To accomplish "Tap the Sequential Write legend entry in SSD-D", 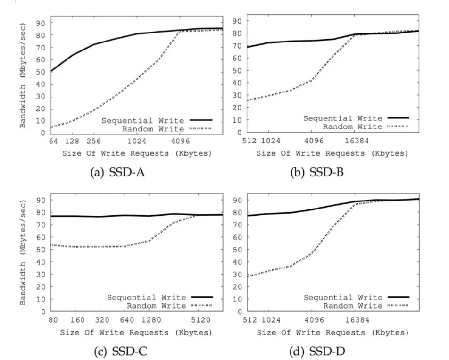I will point(343,297).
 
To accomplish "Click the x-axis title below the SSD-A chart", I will point(136,153).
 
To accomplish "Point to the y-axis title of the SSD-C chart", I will point(23,252).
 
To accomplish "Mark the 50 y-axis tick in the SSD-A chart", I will point(42,71).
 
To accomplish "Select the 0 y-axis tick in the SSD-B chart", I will point(240,133).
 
